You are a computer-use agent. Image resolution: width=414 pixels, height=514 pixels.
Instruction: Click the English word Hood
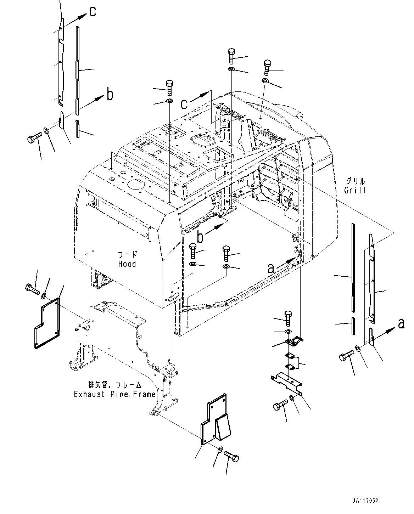click(x=127, y=264)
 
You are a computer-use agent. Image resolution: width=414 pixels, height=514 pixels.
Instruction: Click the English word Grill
click(x=355, y=190)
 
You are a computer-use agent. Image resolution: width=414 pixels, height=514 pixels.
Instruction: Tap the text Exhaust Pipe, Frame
click(x=114, y=394)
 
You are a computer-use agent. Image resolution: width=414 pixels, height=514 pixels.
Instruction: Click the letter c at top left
click(x=92, y=12)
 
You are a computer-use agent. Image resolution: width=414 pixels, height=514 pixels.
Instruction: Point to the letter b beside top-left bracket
click(x=110, y=95)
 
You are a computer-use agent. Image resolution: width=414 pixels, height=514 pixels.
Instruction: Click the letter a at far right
click(x=401, y=323)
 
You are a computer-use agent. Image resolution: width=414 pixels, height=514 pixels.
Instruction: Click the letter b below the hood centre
click(x=200, y=237)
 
